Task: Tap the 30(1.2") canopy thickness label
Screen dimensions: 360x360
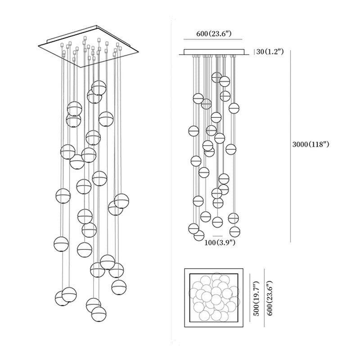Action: tap(270, 52)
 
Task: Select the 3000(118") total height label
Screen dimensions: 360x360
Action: tap(312, 145)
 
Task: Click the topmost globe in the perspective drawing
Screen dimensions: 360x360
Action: tap(99, 88)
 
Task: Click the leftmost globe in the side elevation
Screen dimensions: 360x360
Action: tap(193, 131)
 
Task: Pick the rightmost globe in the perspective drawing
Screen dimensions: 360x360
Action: tap(121, 201)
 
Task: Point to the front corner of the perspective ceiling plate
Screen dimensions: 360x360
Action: tap(85, 67)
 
